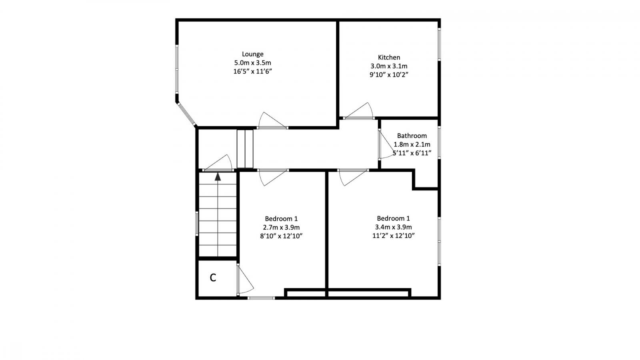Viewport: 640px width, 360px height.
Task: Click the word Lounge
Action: coord(252,54)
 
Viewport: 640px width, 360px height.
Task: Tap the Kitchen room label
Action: coord(389,57)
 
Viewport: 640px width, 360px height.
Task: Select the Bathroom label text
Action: coord(412,136)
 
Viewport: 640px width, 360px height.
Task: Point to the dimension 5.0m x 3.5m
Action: coord(252,63)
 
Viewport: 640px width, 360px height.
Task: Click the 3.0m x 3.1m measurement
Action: coord(389,66)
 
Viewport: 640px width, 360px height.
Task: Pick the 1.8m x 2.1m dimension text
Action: coord(412,144)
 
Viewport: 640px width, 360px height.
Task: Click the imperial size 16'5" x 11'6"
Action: coord(252,72)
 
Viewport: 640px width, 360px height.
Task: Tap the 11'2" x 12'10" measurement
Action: coord(393,236)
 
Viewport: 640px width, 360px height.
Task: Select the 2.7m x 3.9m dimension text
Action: coord(281,227)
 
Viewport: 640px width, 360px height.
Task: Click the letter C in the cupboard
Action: coord(213,278)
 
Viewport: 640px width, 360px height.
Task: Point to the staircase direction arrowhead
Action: coord(218,176)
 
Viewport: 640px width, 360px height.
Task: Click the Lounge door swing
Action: coord(272,121)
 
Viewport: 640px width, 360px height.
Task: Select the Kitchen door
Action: coord(359,112)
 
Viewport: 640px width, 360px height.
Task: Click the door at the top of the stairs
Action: coord(218,163)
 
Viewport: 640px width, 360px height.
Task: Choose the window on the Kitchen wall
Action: coord(439,44)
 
